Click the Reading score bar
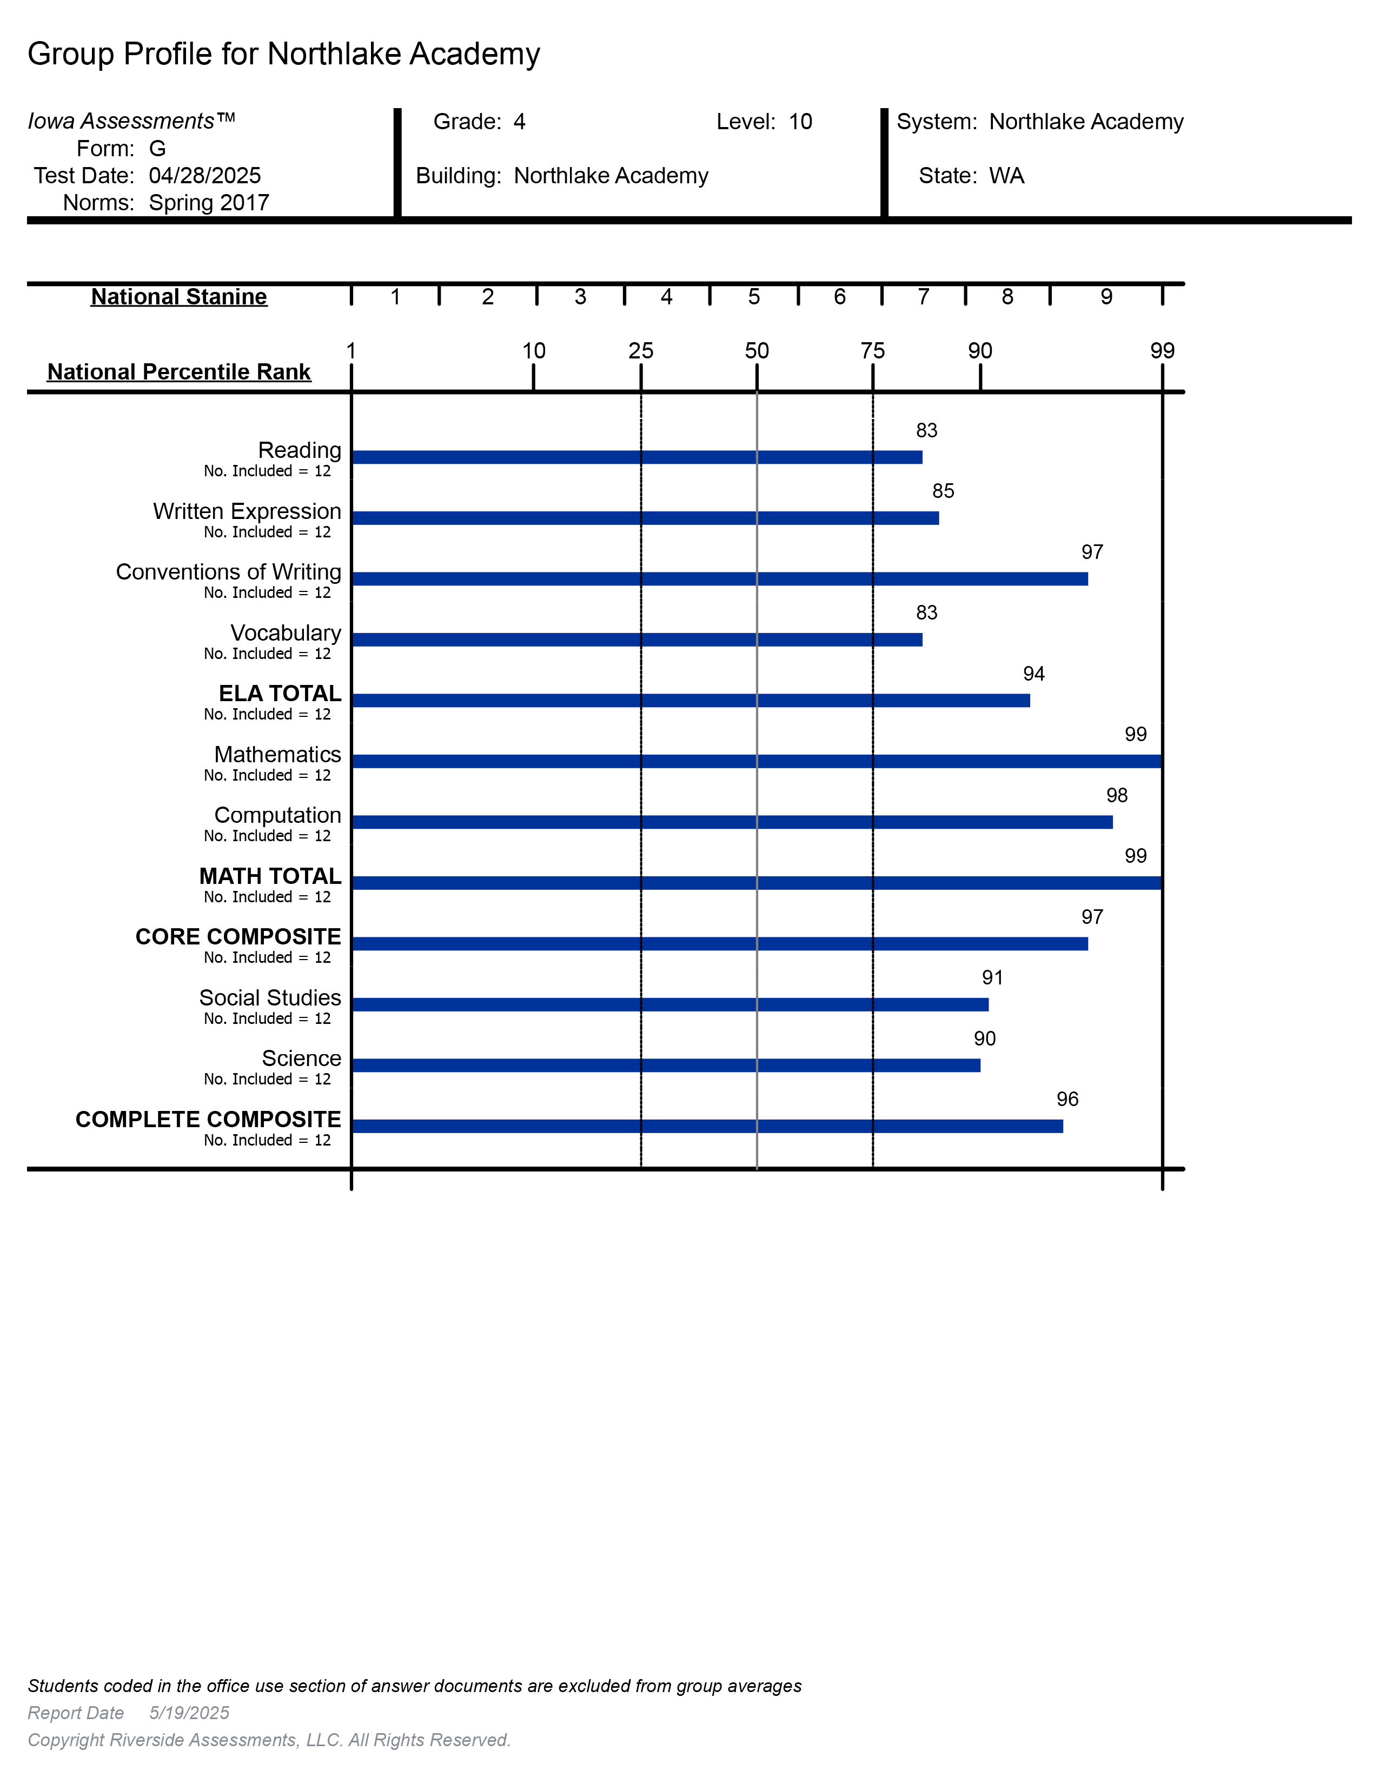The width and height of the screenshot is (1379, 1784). (x=637, y=457)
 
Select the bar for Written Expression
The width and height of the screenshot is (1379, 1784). (x=645, y=518)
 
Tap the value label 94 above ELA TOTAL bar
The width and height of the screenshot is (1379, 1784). (x=1033, y=674)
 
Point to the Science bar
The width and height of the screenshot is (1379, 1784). (x=665, y=1065)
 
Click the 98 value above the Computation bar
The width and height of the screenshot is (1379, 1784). (x=1116, y=796)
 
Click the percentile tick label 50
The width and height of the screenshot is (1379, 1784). (x=757, y=351)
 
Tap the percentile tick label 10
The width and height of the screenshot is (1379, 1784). (x=533, y=351)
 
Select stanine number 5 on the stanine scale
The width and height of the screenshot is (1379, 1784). (x=753, y=296)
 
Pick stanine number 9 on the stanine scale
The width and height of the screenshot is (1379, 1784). (x=1106, y=296)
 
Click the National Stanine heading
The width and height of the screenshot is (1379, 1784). (x=179, y=296)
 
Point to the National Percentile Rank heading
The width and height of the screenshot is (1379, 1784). (x=179, y=372)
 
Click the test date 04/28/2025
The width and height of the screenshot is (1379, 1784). (x=204, y=176)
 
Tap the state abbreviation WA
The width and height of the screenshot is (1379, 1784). (x=1006, y=176)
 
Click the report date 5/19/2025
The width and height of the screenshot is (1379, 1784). (x=189, y=1713)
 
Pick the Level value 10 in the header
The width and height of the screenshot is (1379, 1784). (x=800, y=122)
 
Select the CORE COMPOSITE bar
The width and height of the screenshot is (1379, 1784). (x=719, y=943)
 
